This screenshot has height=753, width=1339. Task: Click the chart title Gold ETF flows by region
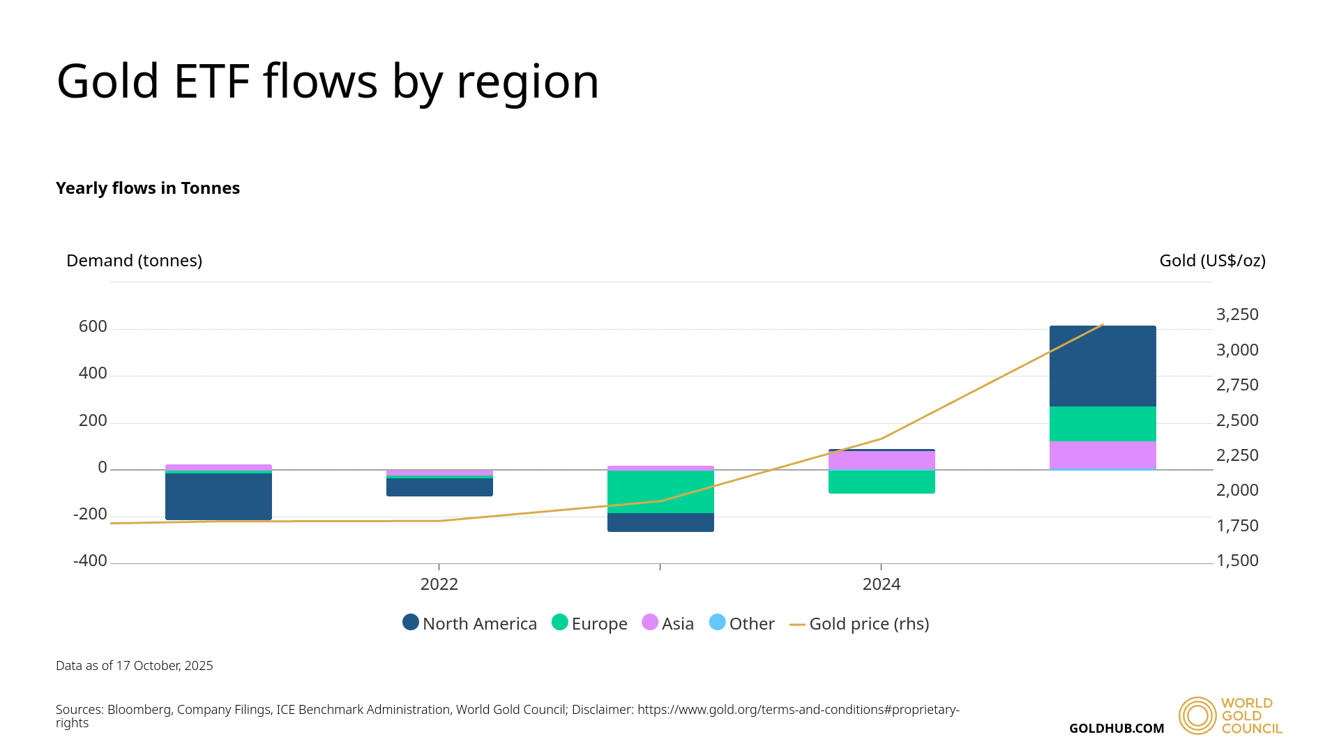pyautogui.click(x=328, y=82)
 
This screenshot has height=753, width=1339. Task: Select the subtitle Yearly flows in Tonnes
pyautogui.click(x=148, y=188)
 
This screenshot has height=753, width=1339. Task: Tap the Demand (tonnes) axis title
pyautogui.click(x=134, y=261)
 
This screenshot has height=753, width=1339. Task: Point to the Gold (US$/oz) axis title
pyautogui.click(x=1212, y=261)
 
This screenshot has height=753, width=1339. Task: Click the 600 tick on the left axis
pyautogui.click(x=93, y=327)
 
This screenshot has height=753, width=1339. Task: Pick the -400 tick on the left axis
pyautogui.click(x=90, y=561)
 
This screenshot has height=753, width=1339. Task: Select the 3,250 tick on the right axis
pyautogui.click(x=1237, y=314)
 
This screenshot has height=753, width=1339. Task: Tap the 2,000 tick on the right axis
pyautogui.click(x=1237, y=490)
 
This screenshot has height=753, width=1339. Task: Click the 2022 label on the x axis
pyautogui.click(x=439, y=584)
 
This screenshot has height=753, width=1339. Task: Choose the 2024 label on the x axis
pyautogui.click(x=882, y=584)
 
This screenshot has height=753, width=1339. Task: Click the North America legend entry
pyautogui.click(x=470, y=623)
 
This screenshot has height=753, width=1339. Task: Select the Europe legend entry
pyautogui.click(x=590, y=623)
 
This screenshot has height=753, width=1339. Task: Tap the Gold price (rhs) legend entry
pyautogui.click(x=860, y=623)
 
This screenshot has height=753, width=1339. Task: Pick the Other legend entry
pyautogui.click(x=742, y=623)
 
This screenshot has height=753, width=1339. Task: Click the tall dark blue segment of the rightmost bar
pyautogui.click(x=1103, y=366)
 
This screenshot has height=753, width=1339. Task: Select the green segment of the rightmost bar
pyautogui.click(x=1103, y=424)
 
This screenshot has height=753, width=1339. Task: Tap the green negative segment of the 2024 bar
pyautogui.click(x=882, y=482)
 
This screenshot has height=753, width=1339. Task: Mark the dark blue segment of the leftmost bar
pyautogui.click(x=218, y=496)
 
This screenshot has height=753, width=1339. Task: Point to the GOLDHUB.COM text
pyautogui.click(x=1117, y=729)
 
